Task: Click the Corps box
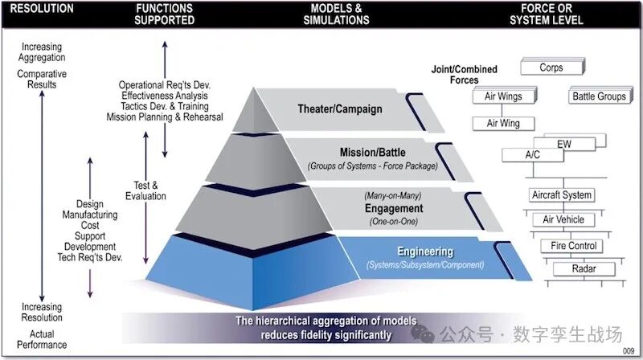(x=552, y=67)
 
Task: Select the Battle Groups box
(x=600, y=96)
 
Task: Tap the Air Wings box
(x=504, y=96)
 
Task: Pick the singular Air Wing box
(x=503, y=124)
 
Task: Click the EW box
(x=564, y=144)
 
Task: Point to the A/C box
(x=533, y=155)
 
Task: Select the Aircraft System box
(x=562, y=195)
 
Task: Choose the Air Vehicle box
(x=563, y=219)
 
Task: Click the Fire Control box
(x=573, y=246)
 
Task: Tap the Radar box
(x=584, y=269)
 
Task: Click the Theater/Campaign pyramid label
(x=340, y=109)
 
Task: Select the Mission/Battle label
(x=373, y=153)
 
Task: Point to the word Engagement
(x=394, y=208)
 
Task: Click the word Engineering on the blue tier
(x=425, y=252)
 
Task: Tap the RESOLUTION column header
(x=42, y=9)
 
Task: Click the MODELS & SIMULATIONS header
(x=336, y=14)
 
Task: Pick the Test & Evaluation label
(x=145, y=190)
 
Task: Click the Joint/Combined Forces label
(x=465, y=75)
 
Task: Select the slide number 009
(x=629, y=350)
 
